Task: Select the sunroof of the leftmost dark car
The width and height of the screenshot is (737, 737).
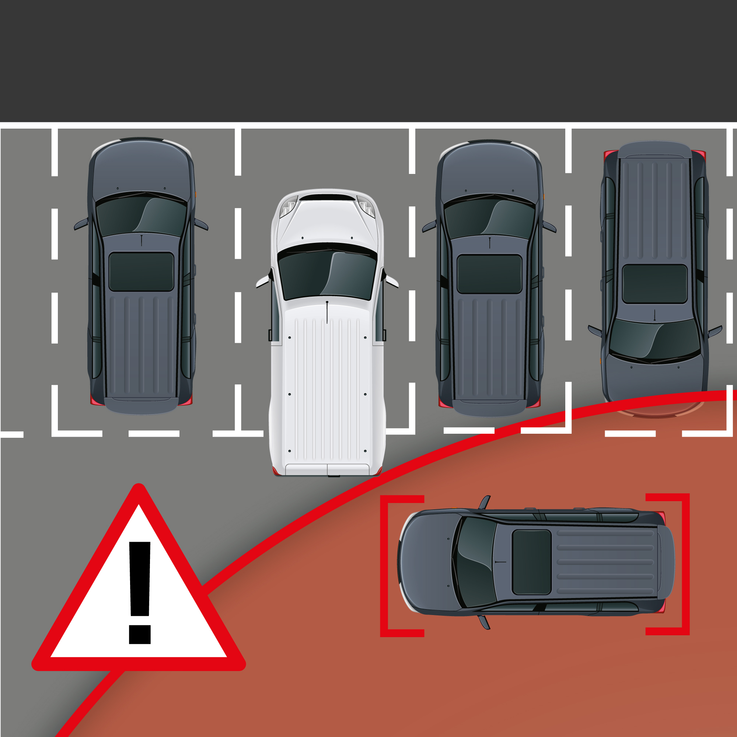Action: pos(141,271)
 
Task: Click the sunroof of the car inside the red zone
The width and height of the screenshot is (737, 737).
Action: pos(531,562)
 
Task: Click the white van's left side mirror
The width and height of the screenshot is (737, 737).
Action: pos(263,282)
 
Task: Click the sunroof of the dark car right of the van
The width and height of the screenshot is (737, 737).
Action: pos(489,274)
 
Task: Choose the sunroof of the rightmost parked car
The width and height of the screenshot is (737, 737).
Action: pos(654,284)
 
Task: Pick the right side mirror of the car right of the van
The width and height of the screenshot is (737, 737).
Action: pos(549,227)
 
